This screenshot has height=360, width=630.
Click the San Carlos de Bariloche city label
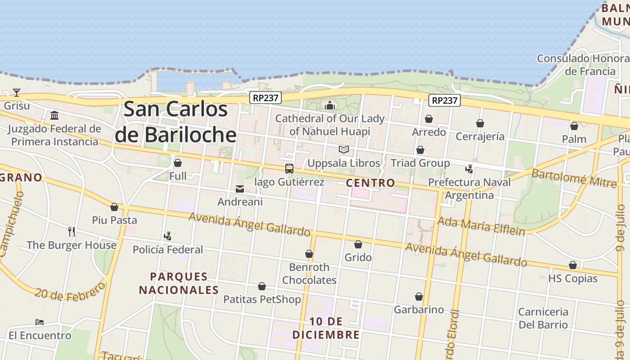(x=175, y=122)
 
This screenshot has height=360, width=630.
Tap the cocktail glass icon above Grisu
(x=17, y=93)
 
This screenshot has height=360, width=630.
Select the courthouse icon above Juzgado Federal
(x=54, y=116)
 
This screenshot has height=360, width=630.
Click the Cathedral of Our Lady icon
(x=330, y=106)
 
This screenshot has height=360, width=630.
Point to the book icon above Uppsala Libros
(x=344, y=149)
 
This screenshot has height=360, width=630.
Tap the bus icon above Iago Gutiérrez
(x=289, y=169)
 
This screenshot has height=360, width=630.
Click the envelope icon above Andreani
(x=240, y=189)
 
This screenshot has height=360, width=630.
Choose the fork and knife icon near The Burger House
(x=72, y=232)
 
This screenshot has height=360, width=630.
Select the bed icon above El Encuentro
(x=40, y=322)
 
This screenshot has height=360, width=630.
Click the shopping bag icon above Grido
(x=358, y=244)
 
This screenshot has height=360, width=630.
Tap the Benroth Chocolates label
(x=309, y=274)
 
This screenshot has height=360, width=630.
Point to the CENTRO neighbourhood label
(x=370, y=183)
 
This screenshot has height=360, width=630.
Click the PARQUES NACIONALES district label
(x=179, y=283)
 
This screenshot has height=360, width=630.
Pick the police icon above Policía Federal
(x=167, y=236)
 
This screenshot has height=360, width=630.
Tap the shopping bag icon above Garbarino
(x=419, y=297)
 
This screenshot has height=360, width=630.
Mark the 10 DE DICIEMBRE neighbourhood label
(x=326, y=328)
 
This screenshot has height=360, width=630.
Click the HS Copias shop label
(x=572, y=279)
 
